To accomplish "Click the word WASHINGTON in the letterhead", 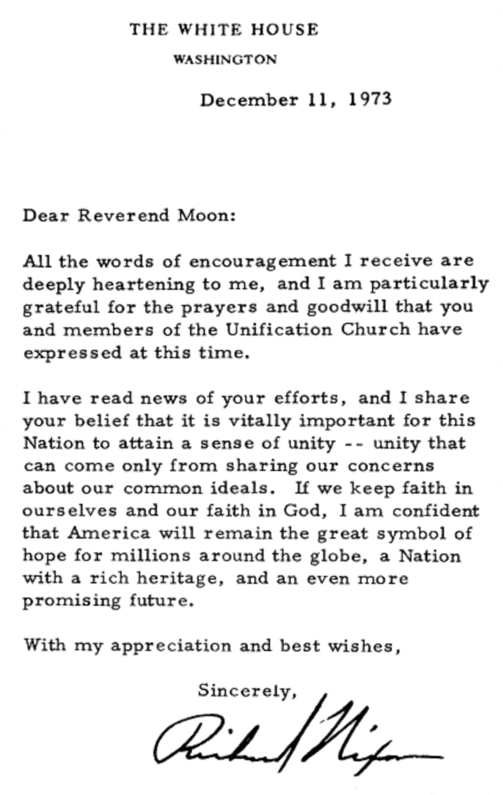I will pyautogui.click(x=225, y=60).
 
